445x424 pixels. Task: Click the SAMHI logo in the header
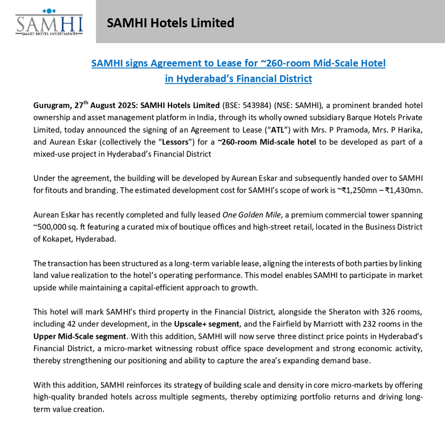[x=46, y=22]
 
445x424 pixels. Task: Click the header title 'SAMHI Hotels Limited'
[x=170, y=23]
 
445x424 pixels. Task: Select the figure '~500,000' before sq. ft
[x=53, y=227]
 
